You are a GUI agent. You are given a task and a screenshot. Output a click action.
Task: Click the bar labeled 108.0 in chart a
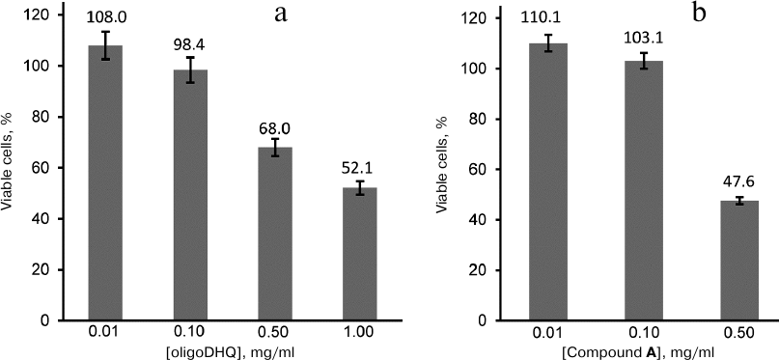click(106, 183)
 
